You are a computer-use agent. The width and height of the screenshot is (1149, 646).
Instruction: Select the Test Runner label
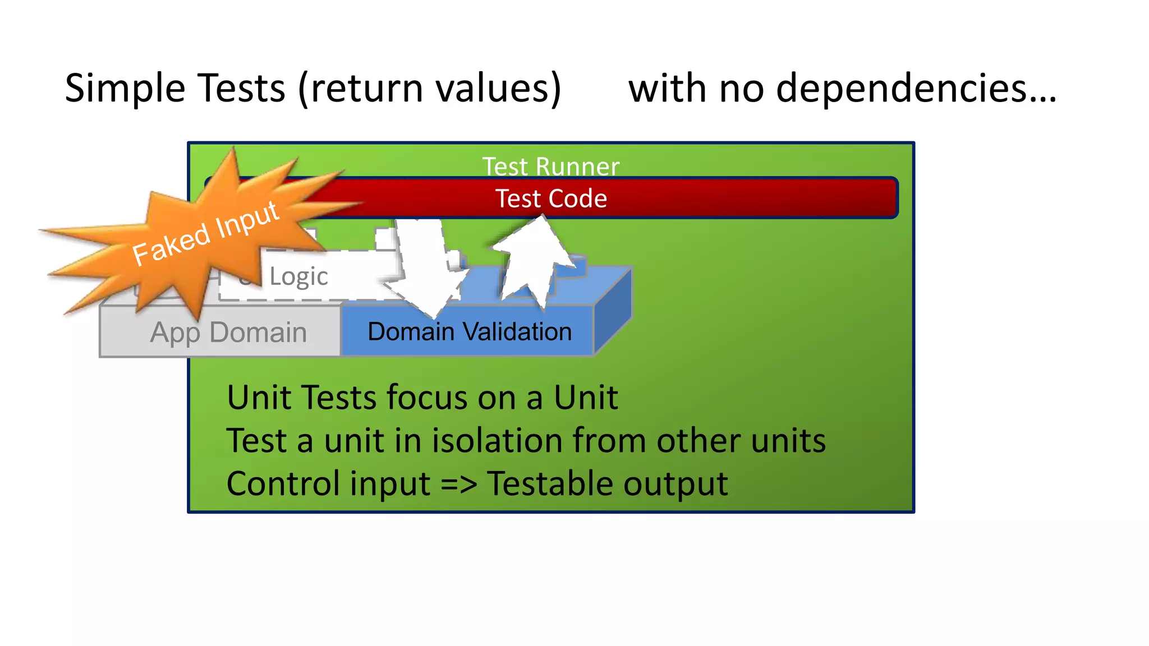550,166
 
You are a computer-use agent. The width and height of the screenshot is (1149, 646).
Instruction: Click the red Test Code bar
673,199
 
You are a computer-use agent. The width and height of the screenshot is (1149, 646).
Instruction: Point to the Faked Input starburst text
205,233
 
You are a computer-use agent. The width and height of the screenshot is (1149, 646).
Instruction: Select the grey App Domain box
228,333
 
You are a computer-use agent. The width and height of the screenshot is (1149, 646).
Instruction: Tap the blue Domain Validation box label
469,332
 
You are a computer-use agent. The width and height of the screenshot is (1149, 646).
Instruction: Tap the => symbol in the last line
458,484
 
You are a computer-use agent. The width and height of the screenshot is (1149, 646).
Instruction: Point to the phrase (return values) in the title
430,89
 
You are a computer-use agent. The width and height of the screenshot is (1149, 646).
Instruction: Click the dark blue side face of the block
613,312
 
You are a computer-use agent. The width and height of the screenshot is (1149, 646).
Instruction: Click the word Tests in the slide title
241,89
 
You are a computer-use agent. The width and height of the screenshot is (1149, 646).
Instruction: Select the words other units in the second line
741,441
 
